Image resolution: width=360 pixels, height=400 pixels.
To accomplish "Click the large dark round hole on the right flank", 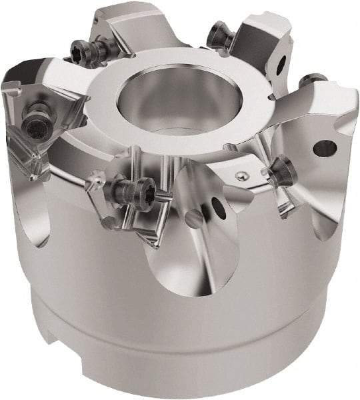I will (x=324, y=147).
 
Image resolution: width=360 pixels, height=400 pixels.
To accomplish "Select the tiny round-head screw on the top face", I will (x=241, y=175).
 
